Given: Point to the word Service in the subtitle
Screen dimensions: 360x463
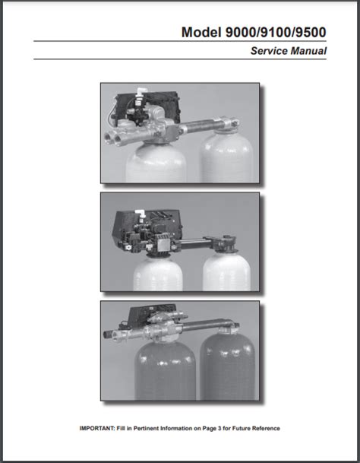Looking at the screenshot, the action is coord(269,51).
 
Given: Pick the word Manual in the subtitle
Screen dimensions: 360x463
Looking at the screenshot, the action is coord(308,51).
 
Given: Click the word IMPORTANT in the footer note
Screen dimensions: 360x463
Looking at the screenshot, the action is coord(96,428).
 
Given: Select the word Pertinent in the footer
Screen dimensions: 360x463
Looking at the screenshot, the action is coord(146,428).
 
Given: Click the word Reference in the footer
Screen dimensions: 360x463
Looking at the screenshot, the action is coord(266,428).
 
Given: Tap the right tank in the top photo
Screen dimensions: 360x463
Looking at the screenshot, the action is coord(226,157).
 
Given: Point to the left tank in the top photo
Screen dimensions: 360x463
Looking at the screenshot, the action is coord(156,163).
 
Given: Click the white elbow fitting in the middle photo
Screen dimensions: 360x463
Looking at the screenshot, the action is coord(140,213).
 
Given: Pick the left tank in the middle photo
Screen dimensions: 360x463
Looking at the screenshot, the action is coord(158,274).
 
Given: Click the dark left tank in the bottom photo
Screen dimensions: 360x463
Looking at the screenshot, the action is coord(166,370).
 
